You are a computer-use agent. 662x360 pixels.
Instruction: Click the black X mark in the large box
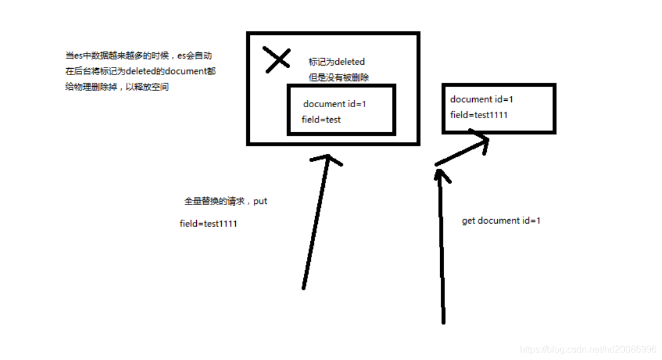(x=277, y=59)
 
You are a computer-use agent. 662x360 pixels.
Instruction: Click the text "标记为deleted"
(x=337, y=62)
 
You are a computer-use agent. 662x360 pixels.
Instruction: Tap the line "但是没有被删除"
(x=339, y=77)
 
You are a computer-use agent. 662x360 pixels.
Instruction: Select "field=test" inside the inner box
(x=321, y=119)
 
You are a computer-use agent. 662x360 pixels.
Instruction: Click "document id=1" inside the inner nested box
(x=334, y=104)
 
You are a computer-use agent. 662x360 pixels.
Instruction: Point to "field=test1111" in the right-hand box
(x=479, y=115)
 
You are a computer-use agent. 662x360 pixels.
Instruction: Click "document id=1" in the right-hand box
(x=482, y=100)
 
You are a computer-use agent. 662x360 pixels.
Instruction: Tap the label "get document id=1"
(x=501, y=221)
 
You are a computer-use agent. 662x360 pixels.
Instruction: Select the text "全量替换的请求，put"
(x=225, y=201)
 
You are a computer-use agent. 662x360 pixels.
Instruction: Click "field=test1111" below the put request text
(x=208, y=224)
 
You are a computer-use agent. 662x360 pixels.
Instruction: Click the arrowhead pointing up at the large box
(x=328, y=158)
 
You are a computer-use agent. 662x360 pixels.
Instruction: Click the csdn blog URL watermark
(x=588, y=350)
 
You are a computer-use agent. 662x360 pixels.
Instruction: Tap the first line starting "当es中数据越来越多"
(x=138, y=56)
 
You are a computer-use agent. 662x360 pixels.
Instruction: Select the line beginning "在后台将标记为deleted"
(x=140, y=72)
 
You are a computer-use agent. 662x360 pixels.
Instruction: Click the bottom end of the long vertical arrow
(x=443, y=320)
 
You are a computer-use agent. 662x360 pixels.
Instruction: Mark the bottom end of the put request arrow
(x=303, y=287)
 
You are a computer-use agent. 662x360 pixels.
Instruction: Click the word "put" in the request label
(x=260, y=202)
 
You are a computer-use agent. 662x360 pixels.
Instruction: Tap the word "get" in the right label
(x=468, y=221)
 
